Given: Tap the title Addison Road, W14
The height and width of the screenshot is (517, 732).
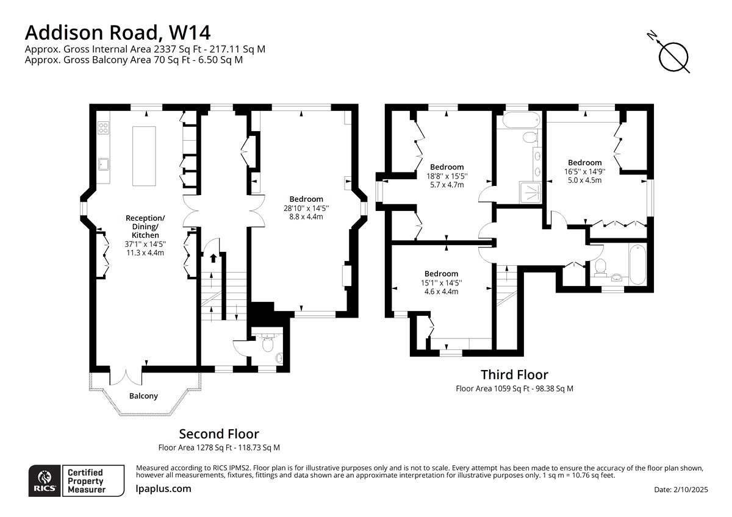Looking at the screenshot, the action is [x=118, y=33].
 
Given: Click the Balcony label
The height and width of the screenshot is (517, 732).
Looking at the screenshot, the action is [x=143, y=396].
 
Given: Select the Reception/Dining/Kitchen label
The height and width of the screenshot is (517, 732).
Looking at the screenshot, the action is [x=145, y=226].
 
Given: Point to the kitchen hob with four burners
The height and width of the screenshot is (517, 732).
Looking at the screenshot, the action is [x=103, y=127].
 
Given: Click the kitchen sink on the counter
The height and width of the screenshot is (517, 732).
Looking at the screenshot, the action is [x=104, y=163].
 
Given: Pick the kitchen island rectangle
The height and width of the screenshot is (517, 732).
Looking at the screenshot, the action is [x=144, y=156].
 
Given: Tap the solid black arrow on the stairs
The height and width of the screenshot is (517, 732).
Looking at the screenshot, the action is [x=213, y=258].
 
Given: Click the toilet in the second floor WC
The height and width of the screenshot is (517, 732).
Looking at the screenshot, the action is [x=268, y=344].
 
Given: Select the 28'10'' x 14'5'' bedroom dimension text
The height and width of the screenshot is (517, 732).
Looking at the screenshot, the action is [x=306, y=208].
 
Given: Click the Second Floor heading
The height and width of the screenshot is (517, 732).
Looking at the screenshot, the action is [x=219, y=434].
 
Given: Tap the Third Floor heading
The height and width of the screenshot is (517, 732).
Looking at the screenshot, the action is [x=514, y=374].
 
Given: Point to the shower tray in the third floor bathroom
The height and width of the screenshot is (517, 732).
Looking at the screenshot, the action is [x=530, y=193].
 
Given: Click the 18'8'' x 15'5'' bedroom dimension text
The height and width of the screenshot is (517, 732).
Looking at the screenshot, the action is [x=447, y=176].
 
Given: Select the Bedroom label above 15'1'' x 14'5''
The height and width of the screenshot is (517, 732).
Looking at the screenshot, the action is [x=441, y=274].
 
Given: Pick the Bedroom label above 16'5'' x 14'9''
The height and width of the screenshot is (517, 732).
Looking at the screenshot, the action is [x=584, y=163].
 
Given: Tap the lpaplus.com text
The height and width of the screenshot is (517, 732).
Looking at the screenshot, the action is [x=163, y=489].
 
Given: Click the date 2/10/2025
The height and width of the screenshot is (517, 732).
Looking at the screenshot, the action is [x=690, y=490].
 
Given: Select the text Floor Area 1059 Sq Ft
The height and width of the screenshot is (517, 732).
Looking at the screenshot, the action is [x=492, y=388].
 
